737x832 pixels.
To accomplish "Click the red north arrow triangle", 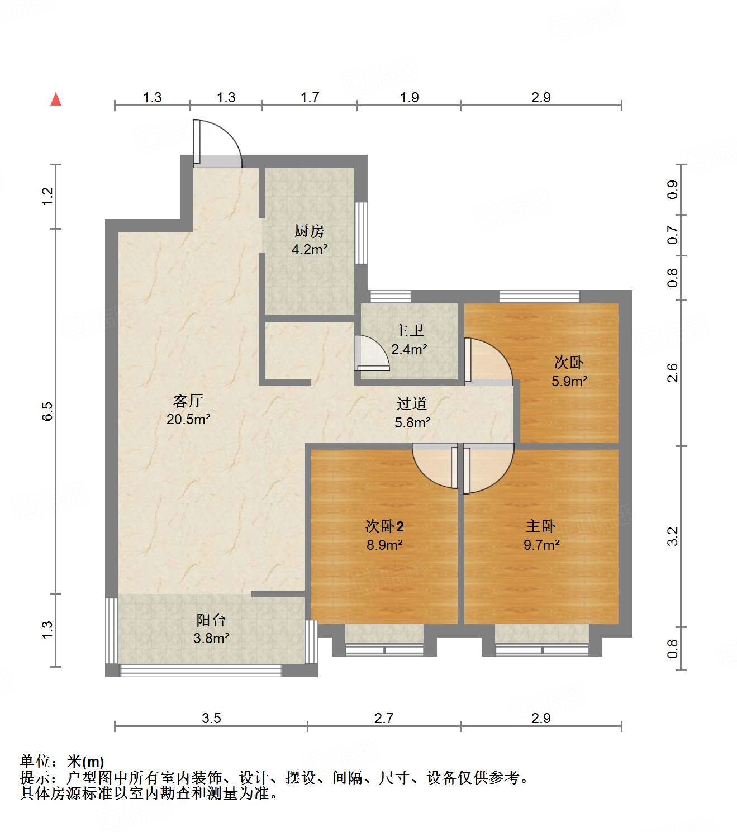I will coord(56,99).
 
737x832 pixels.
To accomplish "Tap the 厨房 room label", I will coord(309,231).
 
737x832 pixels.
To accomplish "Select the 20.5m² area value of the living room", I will coord(188,419).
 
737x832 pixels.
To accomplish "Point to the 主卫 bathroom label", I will coord(409,331).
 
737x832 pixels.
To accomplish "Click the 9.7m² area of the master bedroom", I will coord(541,545).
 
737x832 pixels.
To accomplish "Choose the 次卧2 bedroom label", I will coord(384,526).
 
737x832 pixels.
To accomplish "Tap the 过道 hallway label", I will coord(412,403).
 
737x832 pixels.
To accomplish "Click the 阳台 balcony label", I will coord(211,620).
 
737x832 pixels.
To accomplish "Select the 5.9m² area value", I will coord(569,382).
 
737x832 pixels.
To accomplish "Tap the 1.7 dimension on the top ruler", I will coord(310,98).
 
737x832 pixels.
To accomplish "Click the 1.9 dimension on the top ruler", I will coord(409,98).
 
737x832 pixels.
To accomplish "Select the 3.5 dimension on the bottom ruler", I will coord(211,718).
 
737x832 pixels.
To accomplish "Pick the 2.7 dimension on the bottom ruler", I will coord(384,718).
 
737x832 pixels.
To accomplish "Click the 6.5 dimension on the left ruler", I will coord(47,411).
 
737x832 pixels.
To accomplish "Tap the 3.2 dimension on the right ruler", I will coord(673,536).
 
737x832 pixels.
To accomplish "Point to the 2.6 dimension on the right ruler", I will coord(673,373).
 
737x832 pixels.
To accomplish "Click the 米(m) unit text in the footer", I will coord(85,762).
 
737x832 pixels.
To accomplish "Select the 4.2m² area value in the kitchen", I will coord(310,250).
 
